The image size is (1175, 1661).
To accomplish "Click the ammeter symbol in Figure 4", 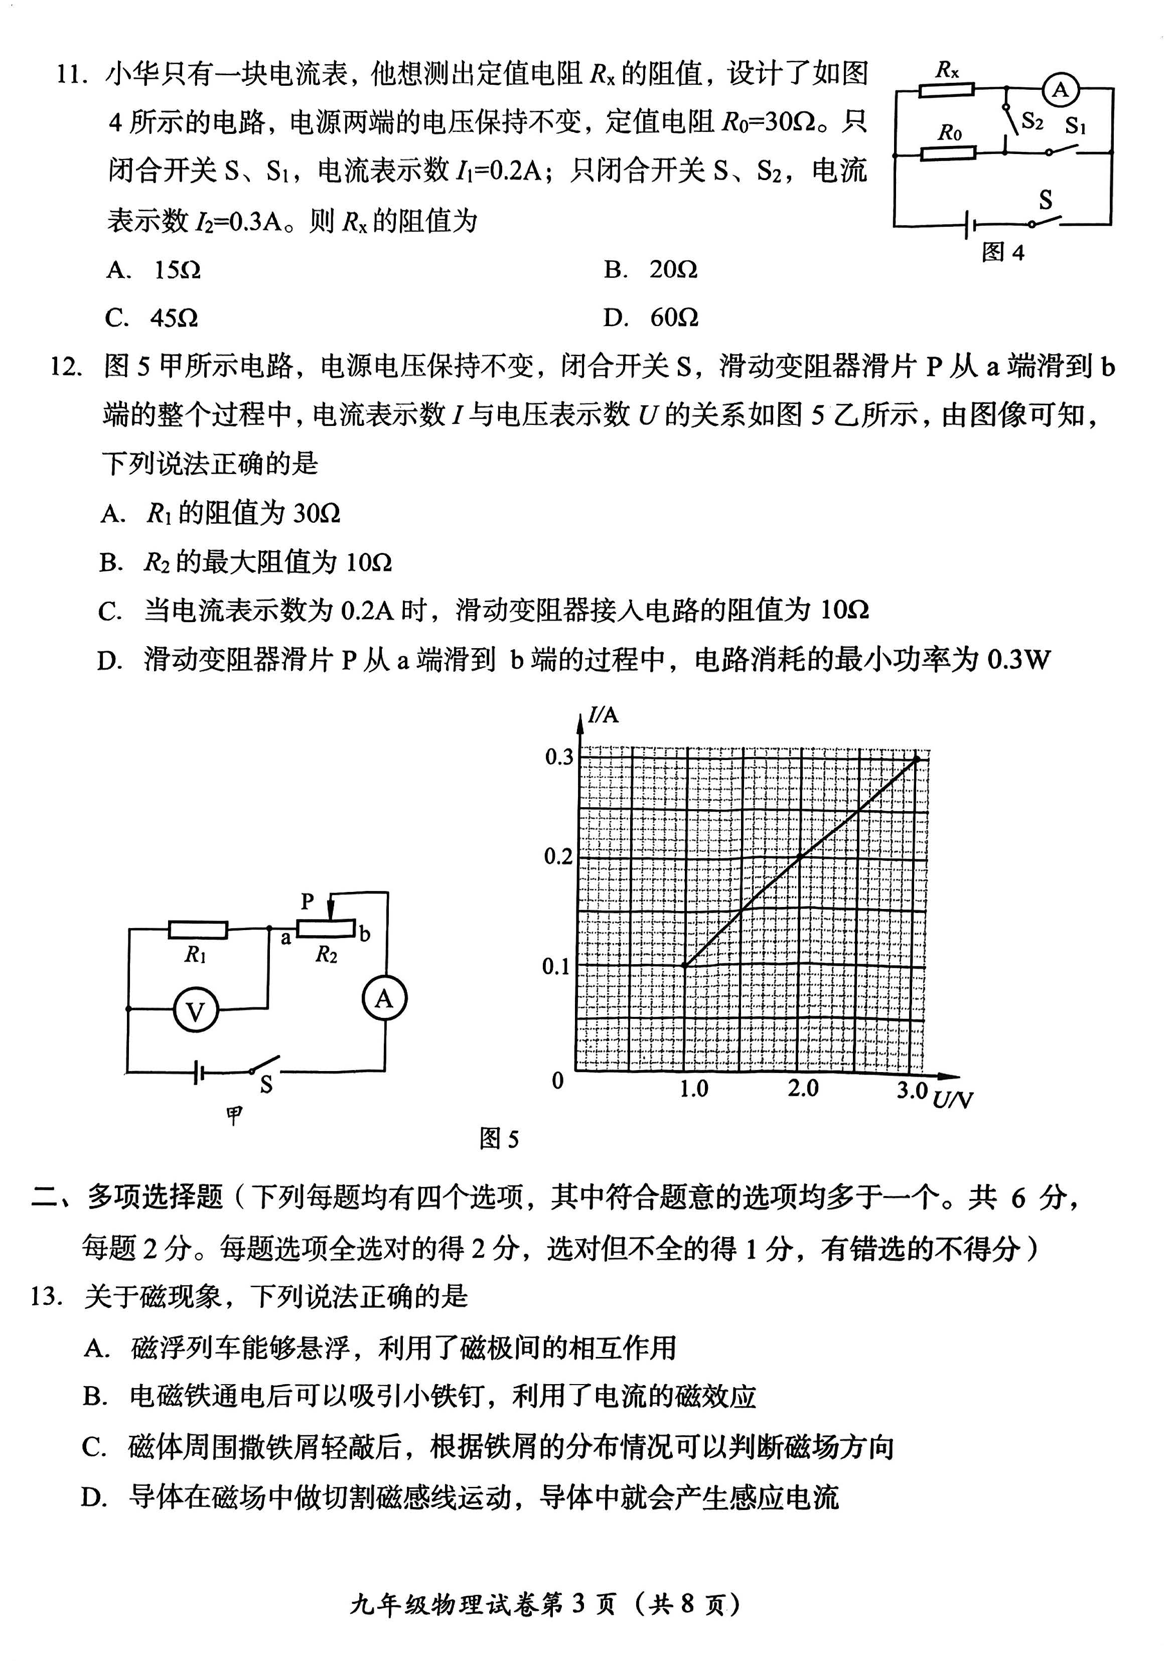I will [1060, 90].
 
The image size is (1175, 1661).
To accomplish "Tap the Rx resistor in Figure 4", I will [946, 90].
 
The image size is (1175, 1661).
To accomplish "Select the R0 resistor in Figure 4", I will [948, 154].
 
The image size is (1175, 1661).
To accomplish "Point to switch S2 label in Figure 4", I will [1032, 121].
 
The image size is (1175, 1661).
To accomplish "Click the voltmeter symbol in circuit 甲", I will [195, 1011].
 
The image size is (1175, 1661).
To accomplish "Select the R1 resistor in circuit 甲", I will [198, 931].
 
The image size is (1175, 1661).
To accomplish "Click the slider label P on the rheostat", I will [308, 901].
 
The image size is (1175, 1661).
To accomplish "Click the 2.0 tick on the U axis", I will [803, 1089].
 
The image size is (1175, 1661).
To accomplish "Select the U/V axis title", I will [952, 1100].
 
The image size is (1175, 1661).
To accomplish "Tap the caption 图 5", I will [499, 1139].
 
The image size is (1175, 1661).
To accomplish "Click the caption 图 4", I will [1003, 252].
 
